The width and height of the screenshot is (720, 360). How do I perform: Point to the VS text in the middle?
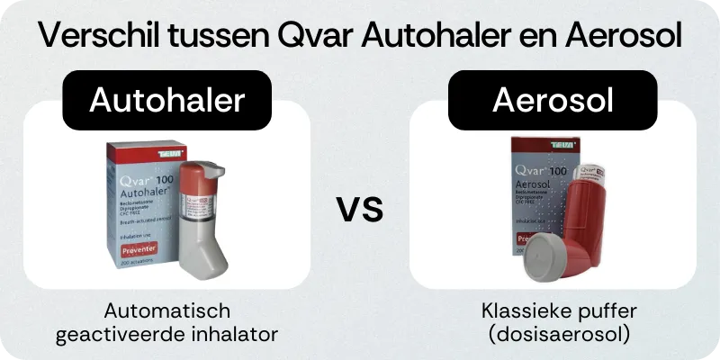pos(360,211)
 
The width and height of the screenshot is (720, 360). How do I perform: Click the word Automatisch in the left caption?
pos(167,312)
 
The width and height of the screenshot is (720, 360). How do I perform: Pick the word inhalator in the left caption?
pos(230,334)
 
